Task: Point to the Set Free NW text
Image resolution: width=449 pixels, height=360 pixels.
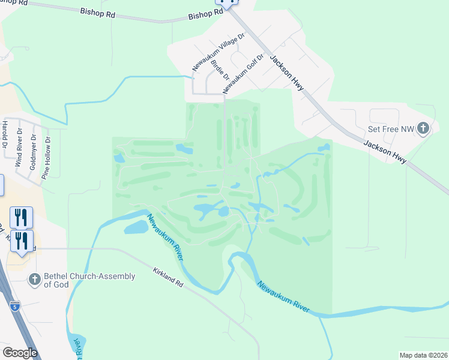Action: click(391, 129)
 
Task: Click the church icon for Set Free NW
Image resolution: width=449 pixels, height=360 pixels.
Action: click(423, 128)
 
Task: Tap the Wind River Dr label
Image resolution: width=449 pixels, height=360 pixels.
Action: click(19, 151)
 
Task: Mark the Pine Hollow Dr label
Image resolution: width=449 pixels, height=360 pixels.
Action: click(46, 157)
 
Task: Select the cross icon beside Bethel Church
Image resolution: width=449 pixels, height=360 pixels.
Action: click(34, 280)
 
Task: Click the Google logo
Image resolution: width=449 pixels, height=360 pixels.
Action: click(20, 353)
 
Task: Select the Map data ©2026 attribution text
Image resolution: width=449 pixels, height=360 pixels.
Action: click(423, 355)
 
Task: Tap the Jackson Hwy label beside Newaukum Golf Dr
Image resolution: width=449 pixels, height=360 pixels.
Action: click(286, 73)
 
